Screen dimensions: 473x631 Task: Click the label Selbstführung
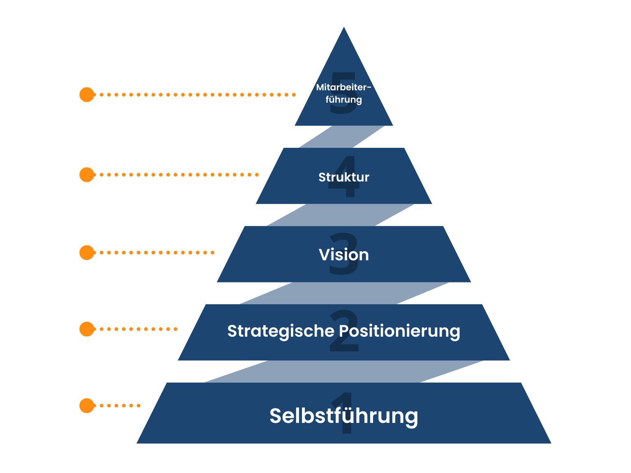[x=344, y=416]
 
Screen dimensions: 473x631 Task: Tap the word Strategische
[x=281, y=331]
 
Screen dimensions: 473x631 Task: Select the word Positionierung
[x=399, y=331]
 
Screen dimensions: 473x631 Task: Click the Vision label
[x=344, y=255]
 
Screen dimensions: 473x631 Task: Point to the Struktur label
[x=344, y=177]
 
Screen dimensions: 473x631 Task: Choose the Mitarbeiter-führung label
[x=344, y=93]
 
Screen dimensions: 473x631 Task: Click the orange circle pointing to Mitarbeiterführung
[x=87, y=94]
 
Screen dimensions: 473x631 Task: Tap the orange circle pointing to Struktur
[x=87, y=175]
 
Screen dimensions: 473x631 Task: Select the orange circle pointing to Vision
[x=87, y=253]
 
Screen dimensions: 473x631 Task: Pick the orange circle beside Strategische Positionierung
[x=87, y=329]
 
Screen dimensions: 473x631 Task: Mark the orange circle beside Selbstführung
[x=87, y=405]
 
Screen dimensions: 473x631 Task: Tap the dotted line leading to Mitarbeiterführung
[x=197, y=94]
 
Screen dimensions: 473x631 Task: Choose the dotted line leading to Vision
[x=156, y=253]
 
